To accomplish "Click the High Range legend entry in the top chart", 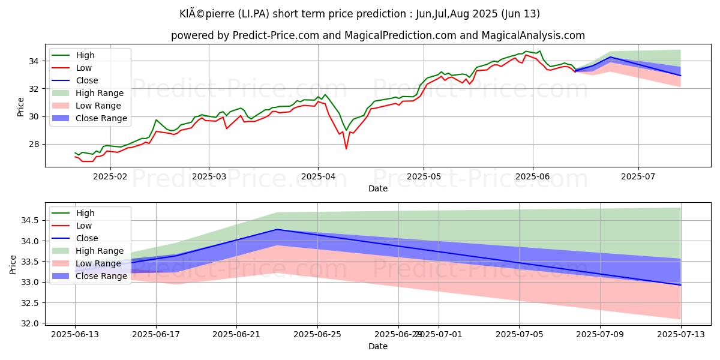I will tap(100, 93).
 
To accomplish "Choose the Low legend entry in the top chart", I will tap(85, 68).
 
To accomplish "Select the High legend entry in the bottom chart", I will tap(86, 213).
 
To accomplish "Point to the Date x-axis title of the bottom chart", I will tap(378, 346).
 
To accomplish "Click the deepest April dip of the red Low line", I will tap(346, 148).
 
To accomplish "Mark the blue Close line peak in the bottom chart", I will tap(277, 229).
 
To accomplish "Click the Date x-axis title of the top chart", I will tap(378, 188).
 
